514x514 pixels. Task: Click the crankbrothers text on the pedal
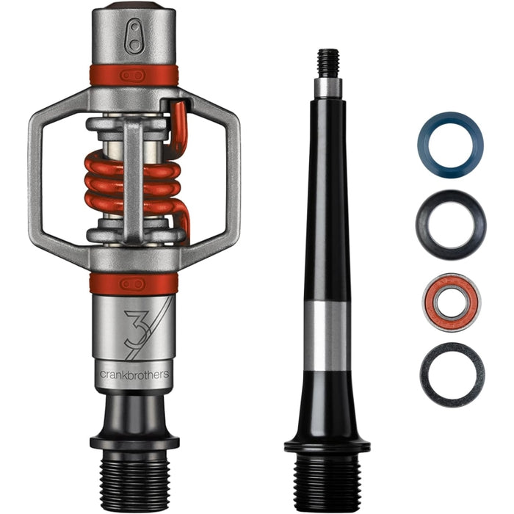pos(134,374)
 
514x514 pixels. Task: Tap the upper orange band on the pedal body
pos(134,74)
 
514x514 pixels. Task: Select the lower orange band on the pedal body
pos(134,283)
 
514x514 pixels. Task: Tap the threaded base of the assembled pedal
pos(134,477)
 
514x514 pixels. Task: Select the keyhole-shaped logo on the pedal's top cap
pos(134,37)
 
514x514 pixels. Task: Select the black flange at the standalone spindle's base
pos(327,445)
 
